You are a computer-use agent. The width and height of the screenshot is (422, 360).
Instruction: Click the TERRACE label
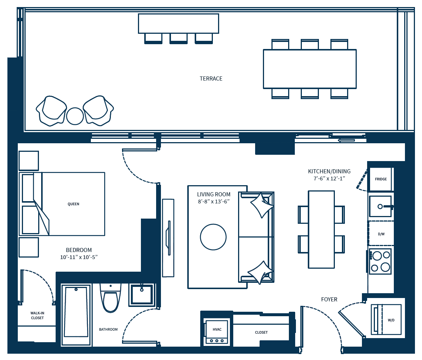[211, 79]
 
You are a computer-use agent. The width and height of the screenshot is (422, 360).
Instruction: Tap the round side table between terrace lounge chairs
[75, 116]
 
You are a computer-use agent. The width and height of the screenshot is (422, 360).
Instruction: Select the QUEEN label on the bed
[73, 204]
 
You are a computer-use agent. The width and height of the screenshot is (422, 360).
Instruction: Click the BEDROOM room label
[79, 250]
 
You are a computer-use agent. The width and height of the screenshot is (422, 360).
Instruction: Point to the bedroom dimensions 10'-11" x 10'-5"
[79, 257]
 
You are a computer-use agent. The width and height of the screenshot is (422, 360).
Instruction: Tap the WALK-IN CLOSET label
[37, 315]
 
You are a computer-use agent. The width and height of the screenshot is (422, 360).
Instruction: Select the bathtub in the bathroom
[76, 315]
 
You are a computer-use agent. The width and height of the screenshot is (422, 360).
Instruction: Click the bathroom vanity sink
[141, 295]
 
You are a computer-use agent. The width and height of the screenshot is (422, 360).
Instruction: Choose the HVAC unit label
[217, 330]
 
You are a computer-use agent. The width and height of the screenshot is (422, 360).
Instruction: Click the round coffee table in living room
[213, 237]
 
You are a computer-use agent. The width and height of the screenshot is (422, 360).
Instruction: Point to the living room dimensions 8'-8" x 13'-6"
[214, 202]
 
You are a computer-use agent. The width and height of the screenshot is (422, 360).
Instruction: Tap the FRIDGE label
[381, 179]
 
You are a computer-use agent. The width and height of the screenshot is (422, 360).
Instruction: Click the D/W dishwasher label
[381, 234]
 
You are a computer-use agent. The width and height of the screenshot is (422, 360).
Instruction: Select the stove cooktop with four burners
[380, 261]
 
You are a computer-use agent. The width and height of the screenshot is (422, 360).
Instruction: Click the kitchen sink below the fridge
[380, 206]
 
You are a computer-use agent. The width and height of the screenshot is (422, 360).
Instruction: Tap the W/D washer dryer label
[391, 320]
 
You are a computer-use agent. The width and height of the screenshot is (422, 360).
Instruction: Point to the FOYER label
[329, 300]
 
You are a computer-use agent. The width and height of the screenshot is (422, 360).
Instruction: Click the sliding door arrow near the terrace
[346, 140]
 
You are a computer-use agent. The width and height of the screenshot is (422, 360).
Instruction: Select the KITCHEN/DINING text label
[329, 171]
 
